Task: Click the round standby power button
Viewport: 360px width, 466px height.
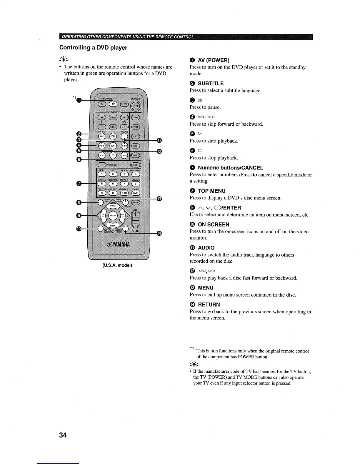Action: click(137, 106)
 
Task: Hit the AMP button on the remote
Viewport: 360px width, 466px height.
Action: click(136, 165)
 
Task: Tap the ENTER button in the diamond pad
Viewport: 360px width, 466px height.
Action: click(113, 216)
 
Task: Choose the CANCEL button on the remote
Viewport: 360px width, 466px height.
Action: click(136, 193)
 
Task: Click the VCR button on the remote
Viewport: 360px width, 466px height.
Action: click(136, 127)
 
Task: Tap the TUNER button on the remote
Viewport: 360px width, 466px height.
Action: click(136, 118)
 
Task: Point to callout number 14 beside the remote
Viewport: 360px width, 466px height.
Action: click(159, 233)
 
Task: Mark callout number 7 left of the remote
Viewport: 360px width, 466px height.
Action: click(79, 184)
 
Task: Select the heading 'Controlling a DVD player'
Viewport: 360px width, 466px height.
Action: click(93, 48)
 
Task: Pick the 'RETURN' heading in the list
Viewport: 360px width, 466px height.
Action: click(209, 305)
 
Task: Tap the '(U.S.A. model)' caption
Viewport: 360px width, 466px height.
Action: click(117, 265)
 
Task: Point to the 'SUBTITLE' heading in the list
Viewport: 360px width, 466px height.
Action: click(211, 84)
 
